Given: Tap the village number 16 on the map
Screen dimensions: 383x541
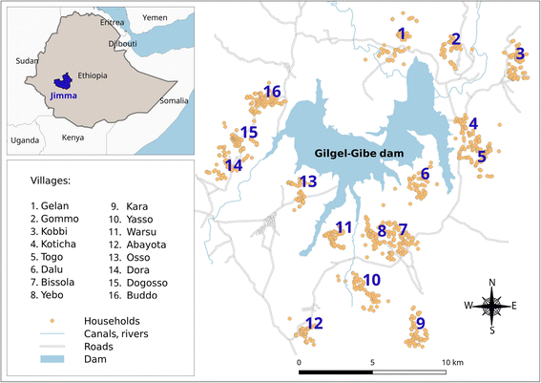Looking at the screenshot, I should [272, 91].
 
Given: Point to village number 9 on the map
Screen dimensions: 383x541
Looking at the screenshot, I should [420, 323].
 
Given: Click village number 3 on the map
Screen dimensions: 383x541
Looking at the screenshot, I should [519, 53].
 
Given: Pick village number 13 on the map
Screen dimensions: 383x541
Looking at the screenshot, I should [307, 181].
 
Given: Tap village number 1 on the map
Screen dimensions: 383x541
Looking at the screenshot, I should [402, 34].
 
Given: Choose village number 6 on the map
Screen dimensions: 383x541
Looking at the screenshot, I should [425, 173].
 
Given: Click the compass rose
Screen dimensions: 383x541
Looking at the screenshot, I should [492, 306].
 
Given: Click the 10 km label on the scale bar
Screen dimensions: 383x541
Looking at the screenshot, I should [451, 364].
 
